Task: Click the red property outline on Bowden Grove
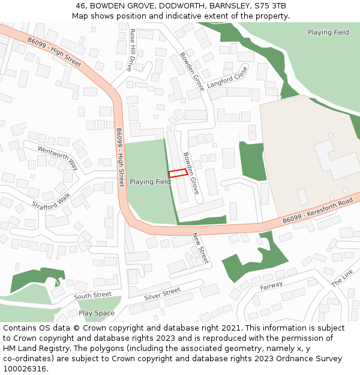click(176, 173)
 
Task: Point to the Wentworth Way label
click(58, 157)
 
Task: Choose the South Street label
click(92, 295)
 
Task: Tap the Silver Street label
click(162, 294)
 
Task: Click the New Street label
click(200, 248)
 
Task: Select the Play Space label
click(96, 313)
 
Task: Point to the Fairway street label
click(271, 286)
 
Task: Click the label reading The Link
click(343, 277)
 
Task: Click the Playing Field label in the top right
click(328, 32)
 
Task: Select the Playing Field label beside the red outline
click(150, 181)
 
